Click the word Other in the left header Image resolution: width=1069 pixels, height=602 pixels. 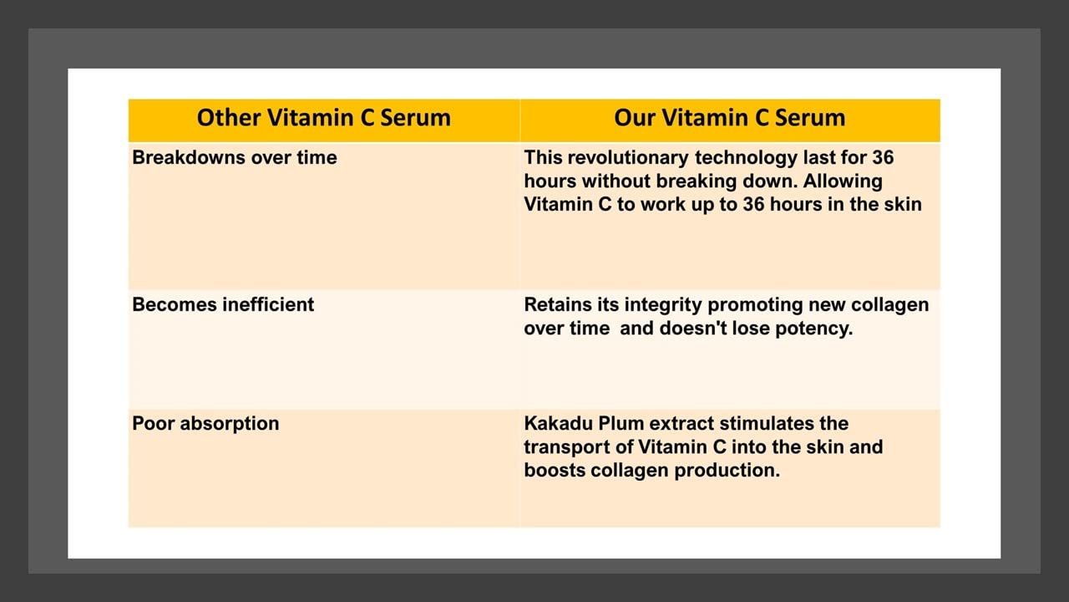[x=228, y=118]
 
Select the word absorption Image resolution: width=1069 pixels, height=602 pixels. [x=230, y=423]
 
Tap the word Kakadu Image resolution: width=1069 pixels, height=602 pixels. [x=558, y=423]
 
